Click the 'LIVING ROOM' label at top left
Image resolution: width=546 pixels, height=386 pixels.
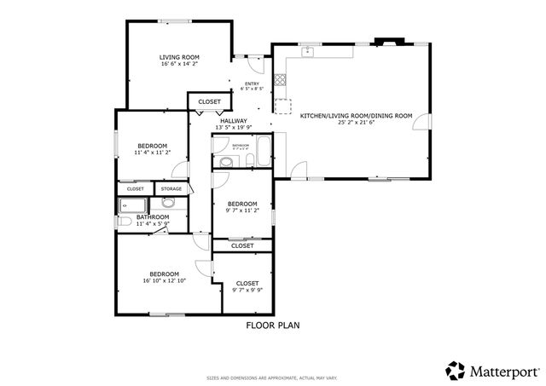pos(179,57)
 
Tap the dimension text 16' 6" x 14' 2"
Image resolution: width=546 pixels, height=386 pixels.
pos(179,64)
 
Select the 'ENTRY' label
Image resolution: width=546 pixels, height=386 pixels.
pos(252,83)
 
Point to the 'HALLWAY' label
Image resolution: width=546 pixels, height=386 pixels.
pos(233,121)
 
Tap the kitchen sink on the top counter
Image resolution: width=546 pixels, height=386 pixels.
pos(308,52)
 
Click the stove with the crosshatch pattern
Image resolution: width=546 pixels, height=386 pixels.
pos(280,84)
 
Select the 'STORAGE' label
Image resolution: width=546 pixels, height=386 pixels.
pos(171,188)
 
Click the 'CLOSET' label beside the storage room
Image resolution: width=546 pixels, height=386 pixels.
pos(136,188)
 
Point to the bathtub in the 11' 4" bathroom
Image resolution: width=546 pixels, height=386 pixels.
pos(132,205)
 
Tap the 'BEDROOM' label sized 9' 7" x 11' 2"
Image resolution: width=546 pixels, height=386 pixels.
pos(242,203)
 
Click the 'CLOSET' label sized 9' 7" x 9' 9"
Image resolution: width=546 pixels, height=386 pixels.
pos(247,283)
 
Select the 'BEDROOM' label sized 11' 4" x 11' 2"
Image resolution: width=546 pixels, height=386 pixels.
pos(152,145)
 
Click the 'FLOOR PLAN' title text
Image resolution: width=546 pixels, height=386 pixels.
pos(273,325)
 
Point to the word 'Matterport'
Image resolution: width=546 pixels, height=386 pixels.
pos(503,371)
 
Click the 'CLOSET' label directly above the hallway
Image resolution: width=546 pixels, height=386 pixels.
pos(209,101)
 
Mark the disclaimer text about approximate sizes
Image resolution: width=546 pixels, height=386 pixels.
pos(273,377)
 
